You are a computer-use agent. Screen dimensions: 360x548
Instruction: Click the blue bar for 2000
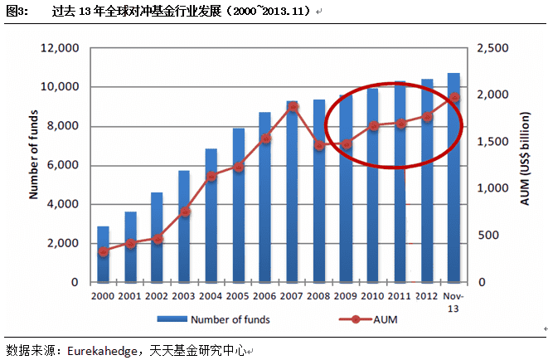(103, 255)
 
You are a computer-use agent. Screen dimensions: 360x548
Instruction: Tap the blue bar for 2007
(292, 192)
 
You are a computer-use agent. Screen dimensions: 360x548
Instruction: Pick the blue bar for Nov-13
(453, 178)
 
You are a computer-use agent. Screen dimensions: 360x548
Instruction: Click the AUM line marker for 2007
(292, 106)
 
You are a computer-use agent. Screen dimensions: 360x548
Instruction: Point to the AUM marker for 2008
(319, 145)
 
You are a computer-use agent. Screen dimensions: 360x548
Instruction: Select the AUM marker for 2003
(184, 212)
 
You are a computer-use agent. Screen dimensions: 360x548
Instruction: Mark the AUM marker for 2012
(427, 116)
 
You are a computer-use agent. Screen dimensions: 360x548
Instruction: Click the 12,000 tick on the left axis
(60, 48)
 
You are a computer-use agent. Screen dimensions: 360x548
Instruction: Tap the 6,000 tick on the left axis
(63, 165)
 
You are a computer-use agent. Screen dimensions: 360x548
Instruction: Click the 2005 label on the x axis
(238, 295)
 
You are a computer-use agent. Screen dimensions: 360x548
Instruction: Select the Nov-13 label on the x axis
(454, 301)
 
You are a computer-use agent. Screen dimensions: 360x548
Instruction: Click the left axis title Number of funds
(35, 165)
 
